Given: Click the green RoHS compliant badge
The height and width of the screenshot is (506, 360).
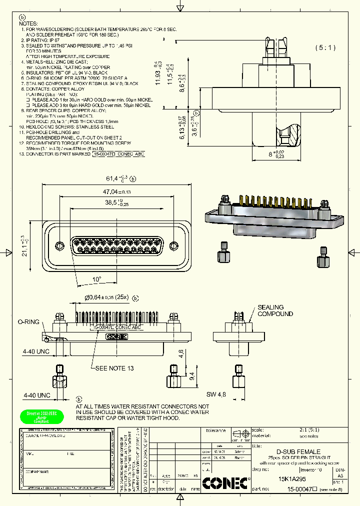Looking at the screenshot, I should coord(41,416).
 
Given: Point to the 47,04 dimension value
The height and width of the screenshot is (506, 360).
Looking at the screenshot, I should coord(113,191).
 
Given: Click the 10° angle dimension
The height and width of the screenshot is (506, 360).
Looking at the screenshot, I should coord(96,278).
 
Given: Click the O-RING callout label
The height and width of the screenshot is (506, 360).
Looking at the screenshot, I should coord(28,322).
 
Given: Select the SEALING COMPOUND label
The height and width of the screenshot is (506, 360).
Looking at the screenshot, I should coord(274,310).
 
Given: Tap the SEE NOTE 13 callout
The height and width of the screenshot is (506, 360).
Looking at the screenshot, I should coord(114,368).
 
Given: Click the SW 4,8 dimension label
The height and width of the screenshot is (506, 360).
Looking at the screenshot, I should coord(216,394).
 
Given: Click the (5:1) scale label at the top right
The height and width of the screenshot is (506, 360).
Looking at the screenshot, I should coord(325,48).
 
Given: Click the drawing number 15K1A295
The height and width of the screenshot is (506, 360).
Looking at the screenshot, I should coord(293,478).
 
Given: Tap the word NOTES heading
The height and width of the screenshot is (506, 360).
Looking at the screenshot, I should coord(28,23).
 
